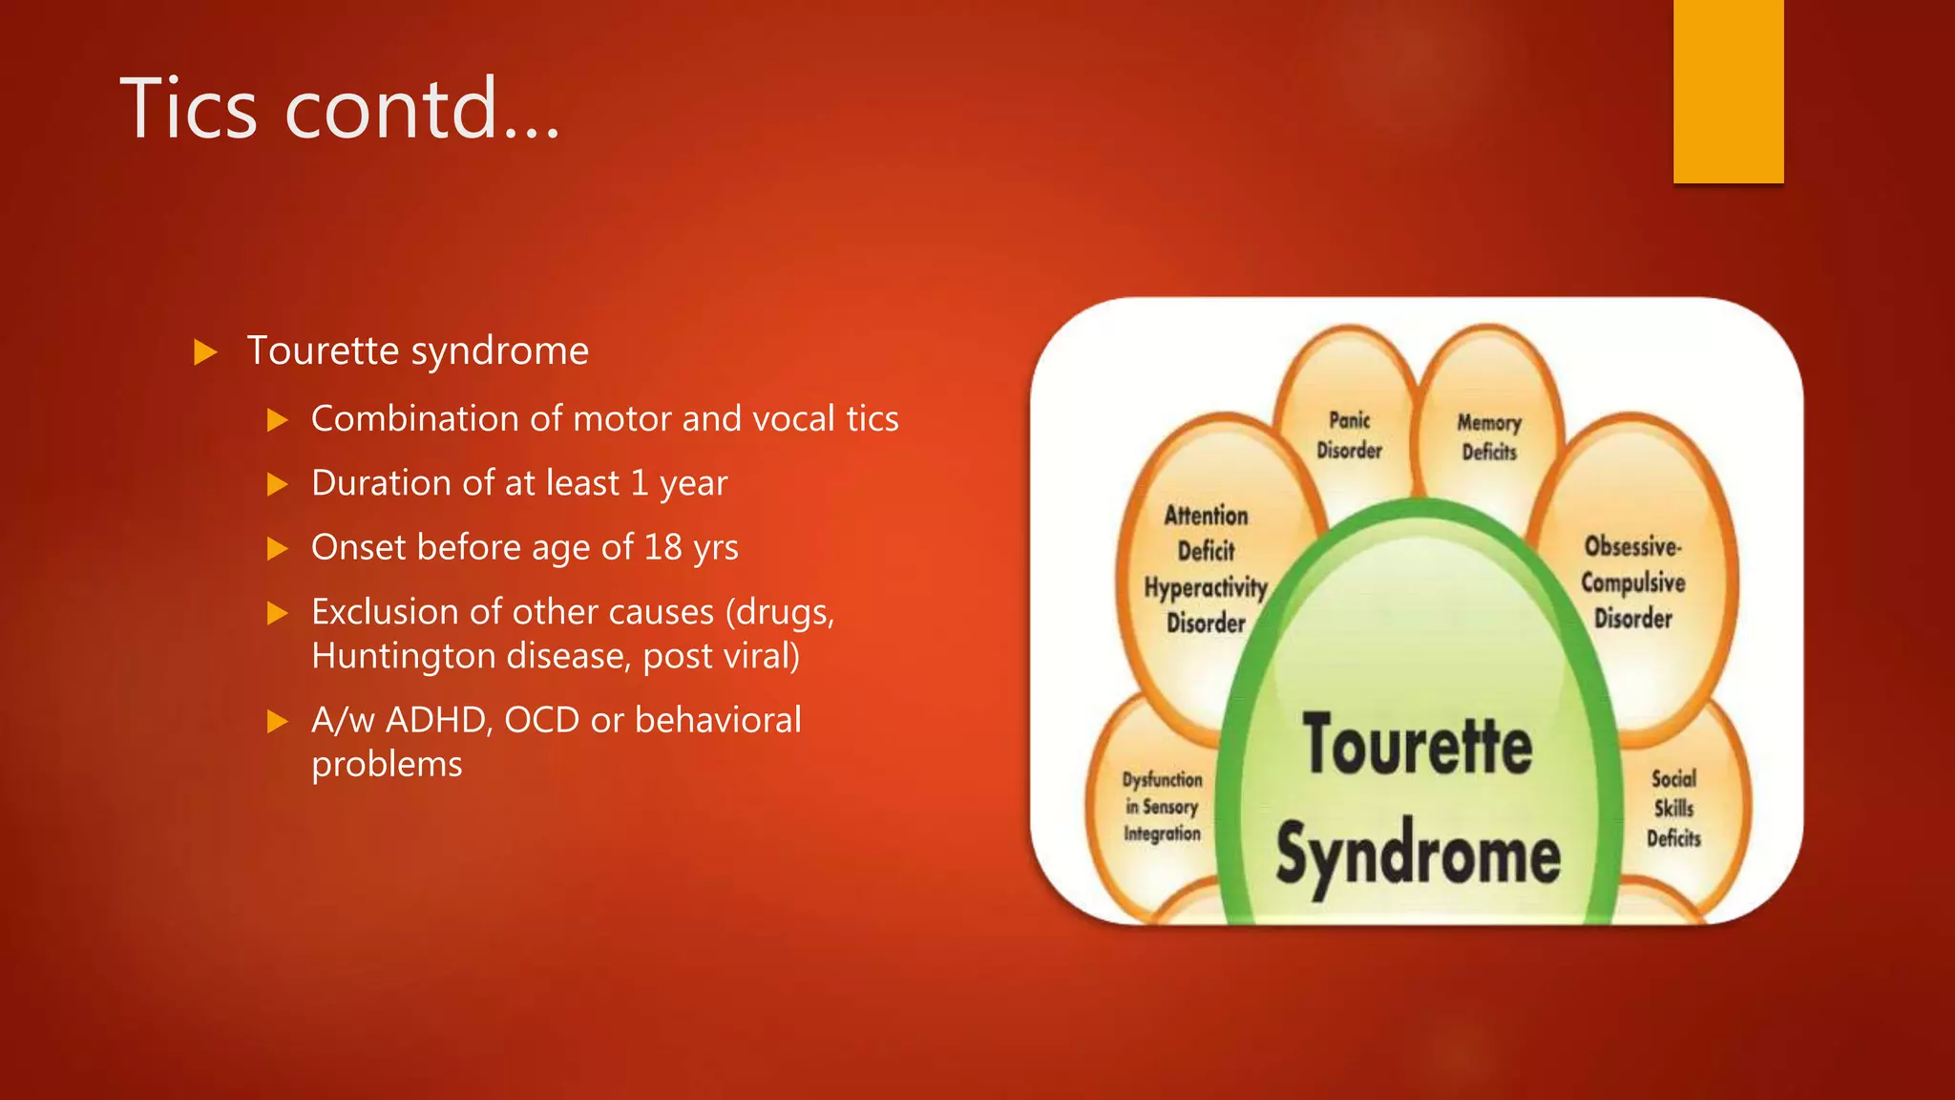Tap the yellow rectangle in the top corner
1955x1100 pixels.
pos(1728,91)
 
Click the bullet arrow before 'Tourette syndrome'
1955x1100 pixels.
pos(205,352)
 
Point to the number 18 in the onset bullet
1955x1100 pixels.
pos(662,547)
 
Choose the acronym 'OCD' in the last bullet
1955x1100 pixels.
pos(541,720)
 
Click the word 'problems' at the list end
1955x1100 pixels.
pos(387,765)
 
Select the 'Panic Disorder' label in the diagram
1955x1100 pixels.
pos(1349,435)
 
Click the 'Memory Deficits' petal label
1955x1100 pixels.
pos(1488,437)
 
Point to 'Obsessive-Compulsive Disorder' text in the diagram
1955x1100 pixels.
pos(1632,582)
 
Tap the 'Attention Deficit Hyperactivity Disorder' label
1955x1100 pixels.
pos(1206,569)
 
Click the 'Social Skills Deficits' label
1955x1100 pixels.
pos(1673,809)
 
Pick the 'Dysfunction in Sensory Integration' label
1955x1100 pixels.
pos(1162,807)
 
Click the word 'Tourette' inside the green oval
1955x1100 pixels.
pos(1418,745)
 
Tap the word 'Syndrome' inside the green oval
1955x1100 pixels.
pos(1419,855)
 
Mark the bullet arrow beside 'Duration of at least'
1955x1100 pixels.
pos(278,484)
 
